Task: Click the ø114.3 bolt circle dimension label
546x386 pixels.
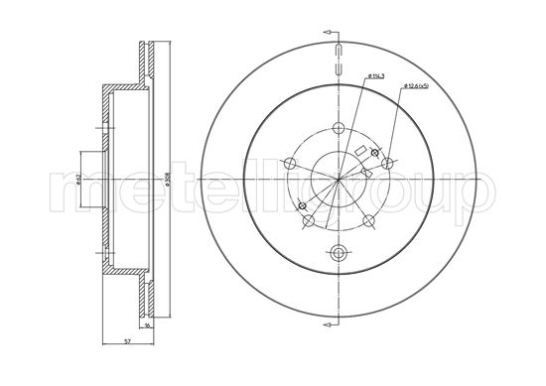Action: tap(378, 76)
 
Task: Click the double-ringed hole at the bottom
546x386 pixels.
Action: tap(339, 252)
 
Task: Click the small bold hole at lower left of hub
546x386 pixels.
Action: tap(301, 205)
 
